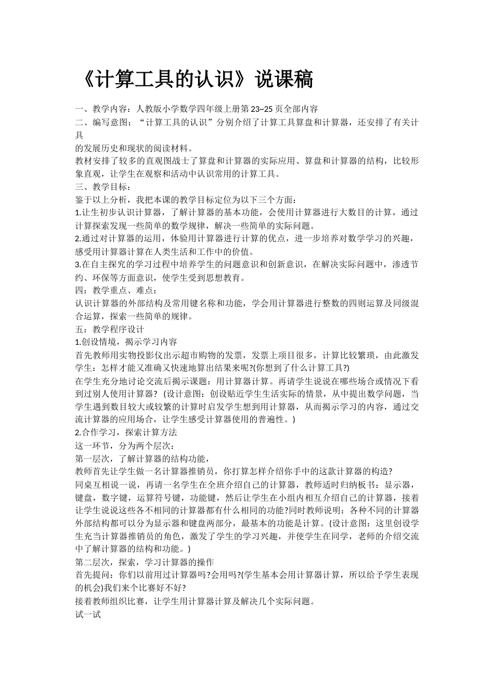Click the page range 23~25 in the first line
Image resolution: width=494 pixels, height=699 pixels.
coord(262,109)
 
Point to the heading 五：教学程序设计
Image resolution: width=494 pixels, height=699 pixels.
coord(110,329)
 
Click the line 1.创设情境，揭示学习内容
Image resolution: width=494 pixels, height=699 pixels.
coord(126,342)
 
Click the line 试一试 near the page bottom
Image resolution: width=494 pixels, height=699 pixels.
coord(88,614)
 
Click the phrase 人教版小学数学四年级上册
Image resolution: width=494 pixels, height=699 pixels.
coord(187,109)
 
